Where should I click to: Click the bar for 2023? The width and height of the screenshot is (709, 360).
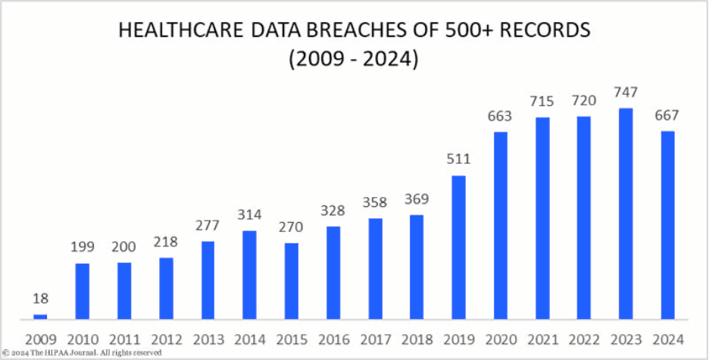click(x=626, y=213)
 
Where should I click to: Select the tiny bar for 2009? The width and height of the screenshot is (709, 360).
click(x=40, y=316)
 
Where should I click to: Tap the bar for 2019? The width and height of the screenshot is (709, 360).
click(x=458, y=247)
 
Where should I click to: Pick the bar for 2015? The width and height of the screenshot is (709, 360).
click(x=291, y=280)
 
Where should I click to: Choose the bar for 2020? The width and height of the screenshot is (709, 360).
click(x=500, y=225)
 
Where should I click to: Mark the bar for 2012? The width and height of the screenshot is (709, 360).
click(x=166, y=288)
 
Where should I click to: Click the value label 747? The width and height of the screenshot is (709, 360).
click(x=626, y=92)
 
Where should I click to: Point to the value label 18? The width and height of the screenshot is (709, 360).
click(x=40, y=299)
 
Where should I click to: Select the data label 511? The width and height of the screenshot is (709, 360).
click(x=458, y=159)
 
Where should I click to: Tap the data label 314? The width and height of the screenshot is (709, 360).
click(x=249, y=214)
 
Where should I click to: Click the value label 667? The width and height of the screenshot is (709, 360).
click(x=667, y=115)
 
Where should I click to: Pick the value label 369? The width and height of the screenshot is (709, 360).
click(x=417, y=199)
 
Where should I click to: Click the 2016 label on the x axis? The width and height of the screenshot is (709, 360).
click(x=333, y=339)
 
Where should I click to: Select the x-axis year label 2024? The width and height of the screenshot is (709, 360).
click(x=667, y=339)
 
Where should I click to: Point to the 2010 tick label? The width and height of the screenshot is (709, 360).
click(x=82, y=339)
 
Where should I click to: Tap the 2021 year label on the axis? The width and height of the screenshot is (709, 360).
click(x=542, y=339)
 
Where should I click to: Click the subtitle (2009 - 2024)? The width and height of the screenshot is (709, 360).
click(x=353, y=59)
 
